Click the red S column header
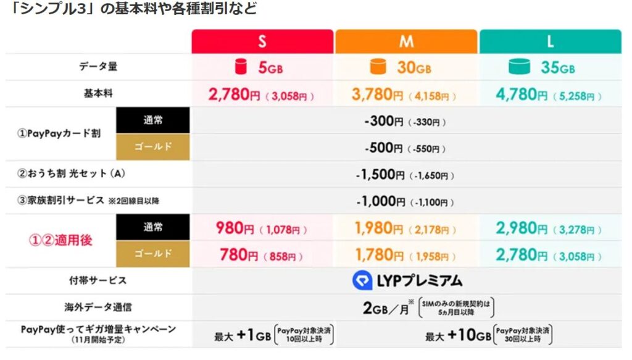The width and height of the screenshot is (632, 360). click(262, 41)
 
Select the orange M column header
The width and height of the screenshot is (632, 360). click(406, 41)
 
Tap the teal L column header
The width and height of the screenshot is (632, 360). click(550, 41)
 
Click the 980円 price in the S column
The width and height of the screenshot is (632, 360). click(236, 228)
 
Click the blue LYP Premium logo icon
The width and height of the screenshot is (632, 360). click(362, 281)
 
